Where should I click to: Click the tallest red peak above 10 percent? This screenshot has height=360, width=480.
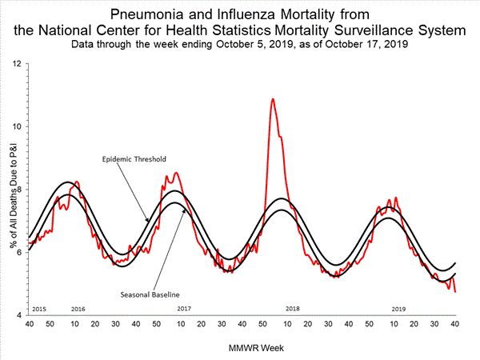pos(273,99)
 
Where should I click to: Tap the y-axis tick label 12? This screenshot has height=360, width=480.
pos(17,62)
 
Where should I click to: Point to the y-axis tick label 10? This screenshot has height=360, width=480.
pos(17,126)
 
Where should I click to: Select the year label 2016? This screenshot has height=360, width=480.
pos(78,308)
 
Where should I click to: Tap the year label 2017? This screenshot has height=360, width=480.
pos(184,308)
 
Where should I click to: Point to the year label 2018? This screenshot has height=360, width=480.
pos(293,308)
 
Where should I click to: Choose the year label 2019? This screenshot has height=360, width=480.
pos(398,308)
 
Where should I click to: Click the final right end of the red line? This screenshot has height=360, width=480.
pos(455,292)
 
